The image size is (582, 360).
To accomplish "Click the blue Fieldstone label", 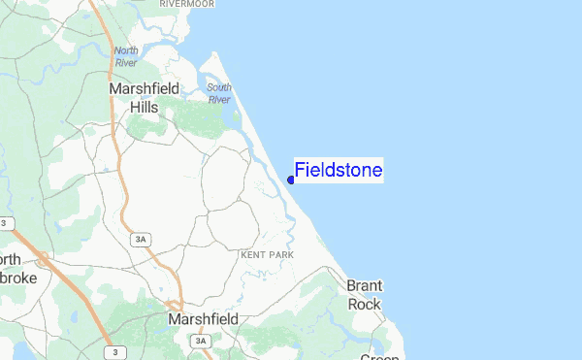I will click(339, 171).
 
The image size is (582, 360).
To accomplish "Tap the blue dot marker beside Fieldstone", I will click(291, 180).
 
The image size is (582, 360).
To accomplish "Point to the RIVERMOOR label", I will click(185, 4).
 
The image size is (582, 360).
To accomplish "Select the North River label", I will click(126, 56).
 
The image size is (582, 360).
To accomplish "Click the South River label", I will click(218, 93).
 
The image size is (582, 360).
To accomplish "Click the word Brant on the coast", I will click(365, 285).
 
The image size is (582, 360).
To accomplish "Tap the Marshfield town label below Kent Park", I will click(209, 318).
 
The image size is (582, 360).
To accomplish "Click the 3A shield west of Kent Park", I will click(140, 239).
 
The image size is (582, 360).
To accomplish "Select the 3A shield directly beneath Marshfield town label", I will click(201, 341).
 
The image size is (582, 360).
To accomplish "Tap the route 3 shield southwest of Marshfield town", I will click(116, 351).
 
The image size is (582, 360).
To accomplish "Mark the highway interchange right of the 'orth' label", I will click(44, 259).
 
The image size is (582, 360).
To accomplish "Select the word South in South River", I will click(219, 87).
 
